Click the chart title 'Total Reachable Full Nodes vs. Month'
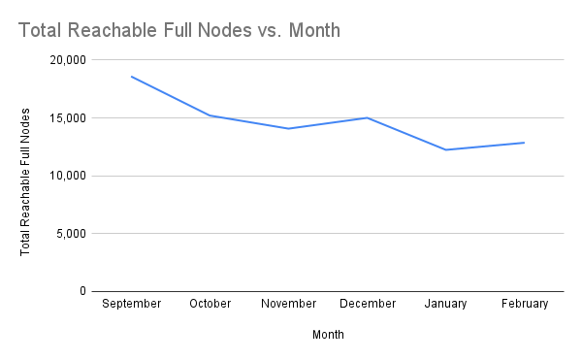pyautogui.click(x=179, y=30)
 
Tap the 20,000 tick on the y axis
pyautogui.click(x=67, y=60)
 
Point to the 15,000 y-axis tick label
pyautogui.click(x=67, y=118)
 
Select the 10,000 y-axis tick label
pyautogui.click(x=67, y=176)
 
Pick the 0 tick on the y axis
pyautogui.click(x=82, y=291)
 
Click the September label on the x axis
pyautogui.click(x=131, y=304)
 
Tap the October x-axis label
pyautogui.click(x=210, y=304)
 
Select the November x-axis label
pyautogui.click(x=289, y=304)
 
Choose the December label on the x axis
pyautogui.click(x=368, y=304)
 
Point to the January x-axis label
pyautogui.click(x=446, y=304)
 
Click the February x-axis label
pyautogui.click(x=525, y=304)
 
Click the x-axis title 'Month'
pyautogui.click(x=328, y=335)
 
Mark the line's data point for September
pyautogui.click(x=131, y=77)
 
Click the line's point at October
pyautogui.click(x=210, y=115)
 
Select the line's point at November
pyautogui.click(x=289, y=128)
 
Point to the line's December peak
pyautogui.click(x=368, y=117)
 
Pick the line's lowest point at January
pyautogui.click(x=446, y=149)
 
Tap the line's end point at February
pyautogui.click(x=525, y=143)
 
